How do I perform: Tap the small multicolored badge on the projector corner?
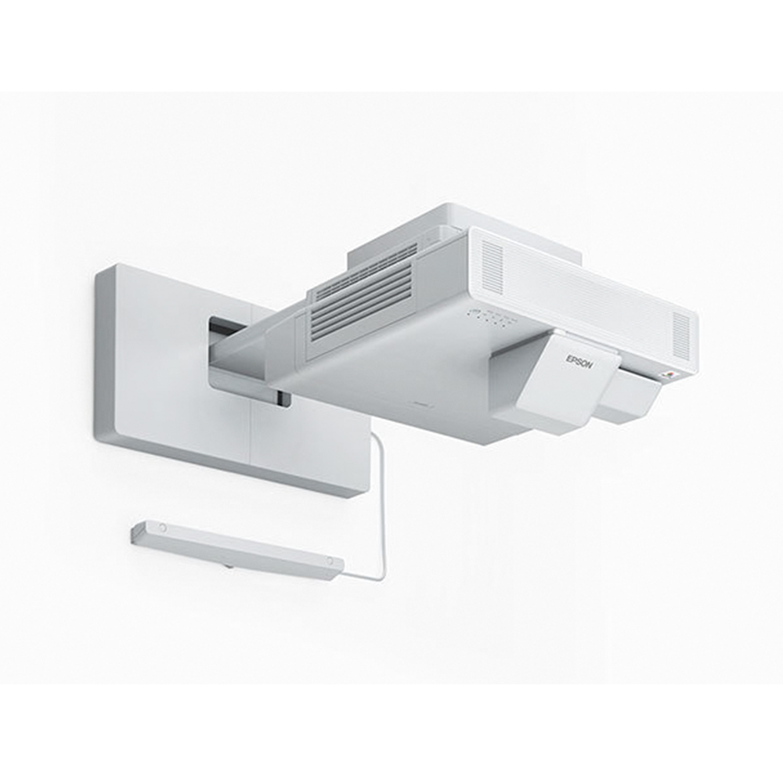click(670, 374)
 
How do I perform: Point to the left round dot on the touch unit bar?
click(162, 527)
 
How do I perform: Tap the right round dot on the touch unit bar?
click(329, 561)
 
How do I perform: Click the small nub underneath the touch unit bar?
click(229, 565)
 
